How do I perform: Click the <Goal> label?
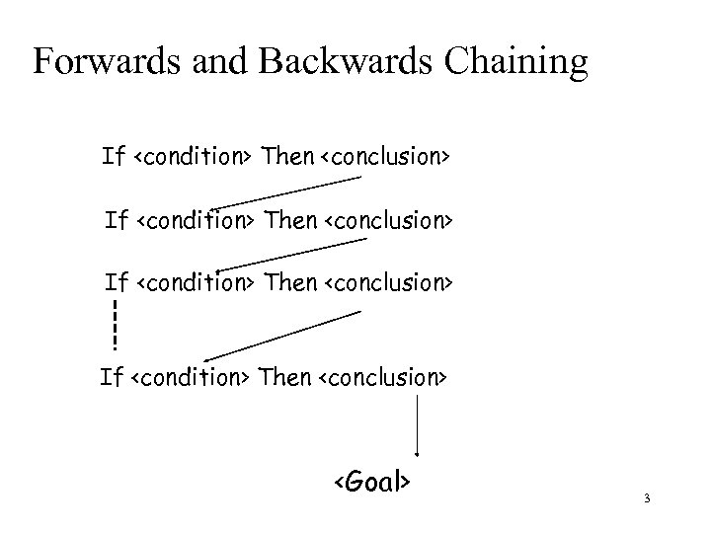pyautogui.click(x=371, y=483)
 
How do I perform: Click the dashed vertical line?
pyautogui.click(x=115, y=325)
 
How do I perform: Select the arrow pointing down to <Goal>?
pyautogui.click(x=419, y=424)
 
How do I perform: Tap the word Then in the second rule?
pyautogui.click(x=292, y=220)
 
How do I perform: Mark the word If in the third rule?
pyautogui.click(x=117, y=284)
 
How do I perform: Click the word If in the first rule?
pyautogui.click(x=113, y=156)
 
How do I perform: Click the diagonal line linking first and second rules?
pyautogui.click(x=286, y=192)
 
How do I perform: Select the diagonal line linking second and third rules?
pyautogui.click(x=286, y=255)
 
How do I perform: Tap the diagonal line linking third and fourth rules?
pyautogui.click(x=282, y=336)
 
